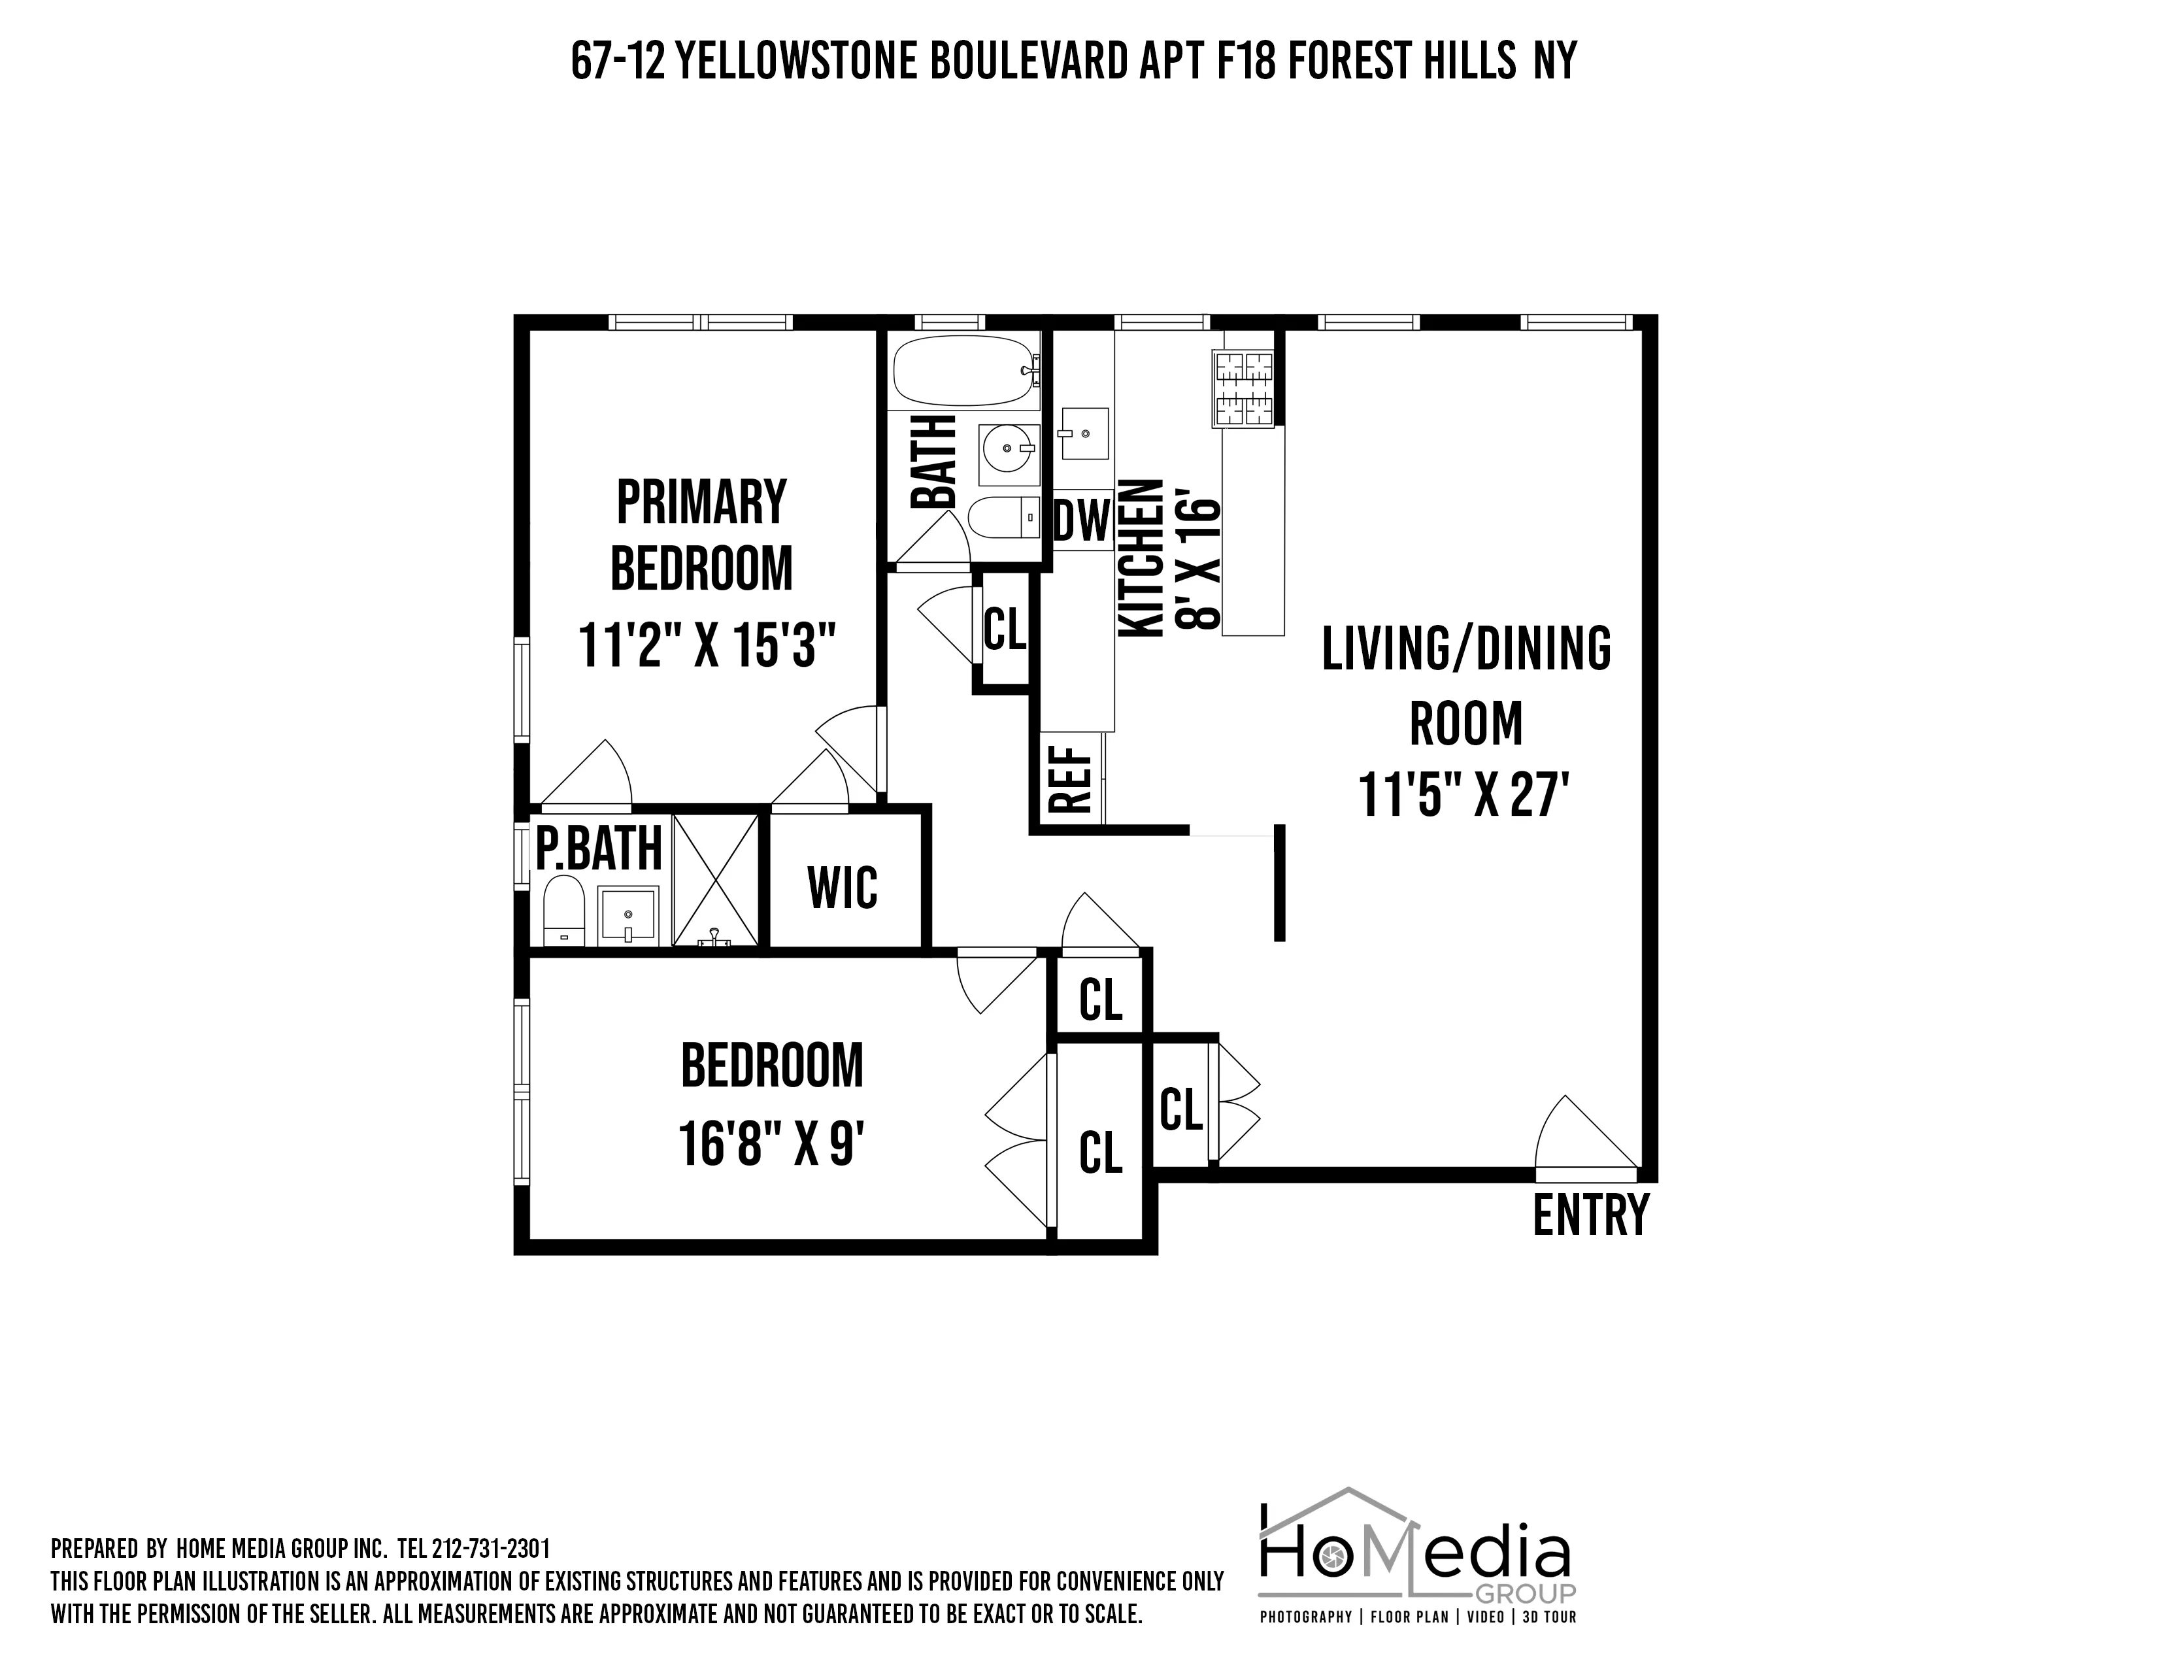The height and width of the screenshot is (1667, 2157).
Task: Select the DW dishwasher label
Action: pyautogui.click(x=1082, y=520)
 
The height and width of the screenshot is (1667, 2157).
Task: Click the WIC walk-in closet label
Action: pyautogui.click(x=843, y=887)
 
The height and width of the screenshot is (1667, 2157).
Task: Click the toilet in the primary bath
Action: pyautogui.click(x=564, y=909)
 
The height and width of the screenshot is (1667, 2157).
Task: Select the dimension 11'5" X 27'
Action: pyautogui.click(x=1465, y=794)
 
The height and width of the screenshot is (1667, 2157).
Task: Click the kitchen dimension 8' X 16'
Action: pyautogui.click(x=1200, y=564)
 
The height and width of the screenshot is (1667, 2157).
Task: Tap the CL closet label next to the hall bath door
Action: pyautogui.click(x=1005, y=630)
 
